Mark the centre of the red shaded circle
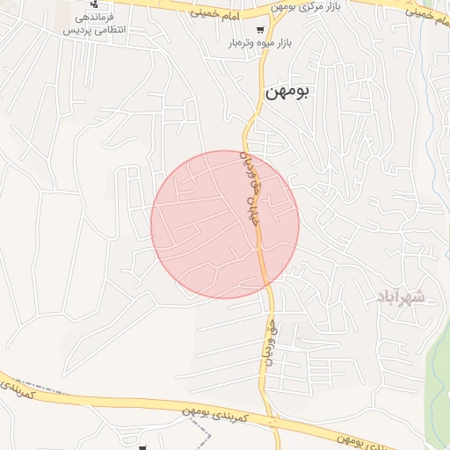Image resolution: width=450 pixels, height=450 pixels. (225, 224)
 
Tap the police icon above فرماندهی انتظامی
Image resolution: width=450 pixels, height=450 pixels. (94, 4)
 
